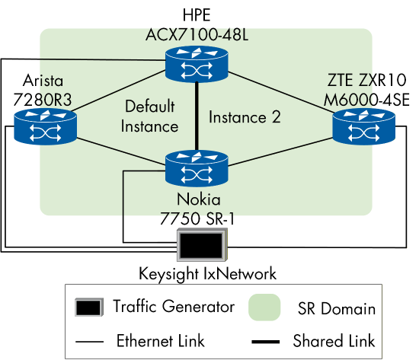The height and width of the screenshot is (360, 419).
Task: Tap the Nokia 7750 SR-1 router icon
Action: pos(197,169)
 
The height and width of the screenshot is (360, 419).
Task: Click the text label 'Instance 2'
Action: pos(245,117)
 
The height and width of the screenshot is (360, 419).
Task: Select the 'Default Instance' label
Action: pos(150,116)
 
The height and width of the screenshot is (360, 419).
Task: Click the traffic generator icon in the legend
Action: pos(90,307)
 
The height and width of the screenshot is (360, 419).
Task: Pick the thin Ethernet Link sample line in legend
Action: pos(90,340)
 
